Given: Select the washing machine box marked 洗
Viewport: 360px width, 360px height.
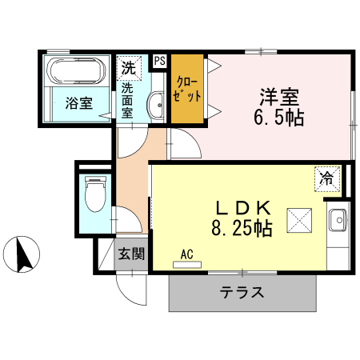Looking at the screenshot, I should [129, 67].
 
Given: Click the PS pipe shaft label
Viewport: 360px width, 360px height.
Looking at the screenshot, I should [159, 61].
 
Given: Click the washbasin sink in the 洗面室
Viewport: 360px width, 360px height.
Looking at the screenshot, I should [157, 103].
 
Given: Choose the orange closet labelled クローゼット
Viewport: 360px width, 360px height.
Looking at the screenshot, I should [187, 88].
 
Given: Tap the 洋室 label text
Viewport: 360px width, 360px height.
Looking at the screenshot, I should [278, 98].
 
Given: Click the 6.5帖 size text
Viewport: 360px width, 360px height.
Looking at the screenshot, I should [279, 118].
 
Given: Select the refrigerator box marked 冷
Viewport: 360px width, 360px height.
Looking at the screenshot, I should [326, 178].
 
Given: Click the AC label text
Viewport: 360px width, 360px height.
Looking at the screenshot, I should [187, 254].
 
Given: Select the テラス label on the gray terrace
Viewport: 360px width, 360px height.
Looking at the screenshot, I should [242, 292].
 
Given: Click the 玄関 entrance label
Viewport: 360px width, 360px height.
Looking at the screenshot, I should [132, 255].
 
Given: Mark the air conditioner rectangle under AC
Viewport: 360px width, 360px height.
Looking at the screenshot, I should [187, 263].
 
